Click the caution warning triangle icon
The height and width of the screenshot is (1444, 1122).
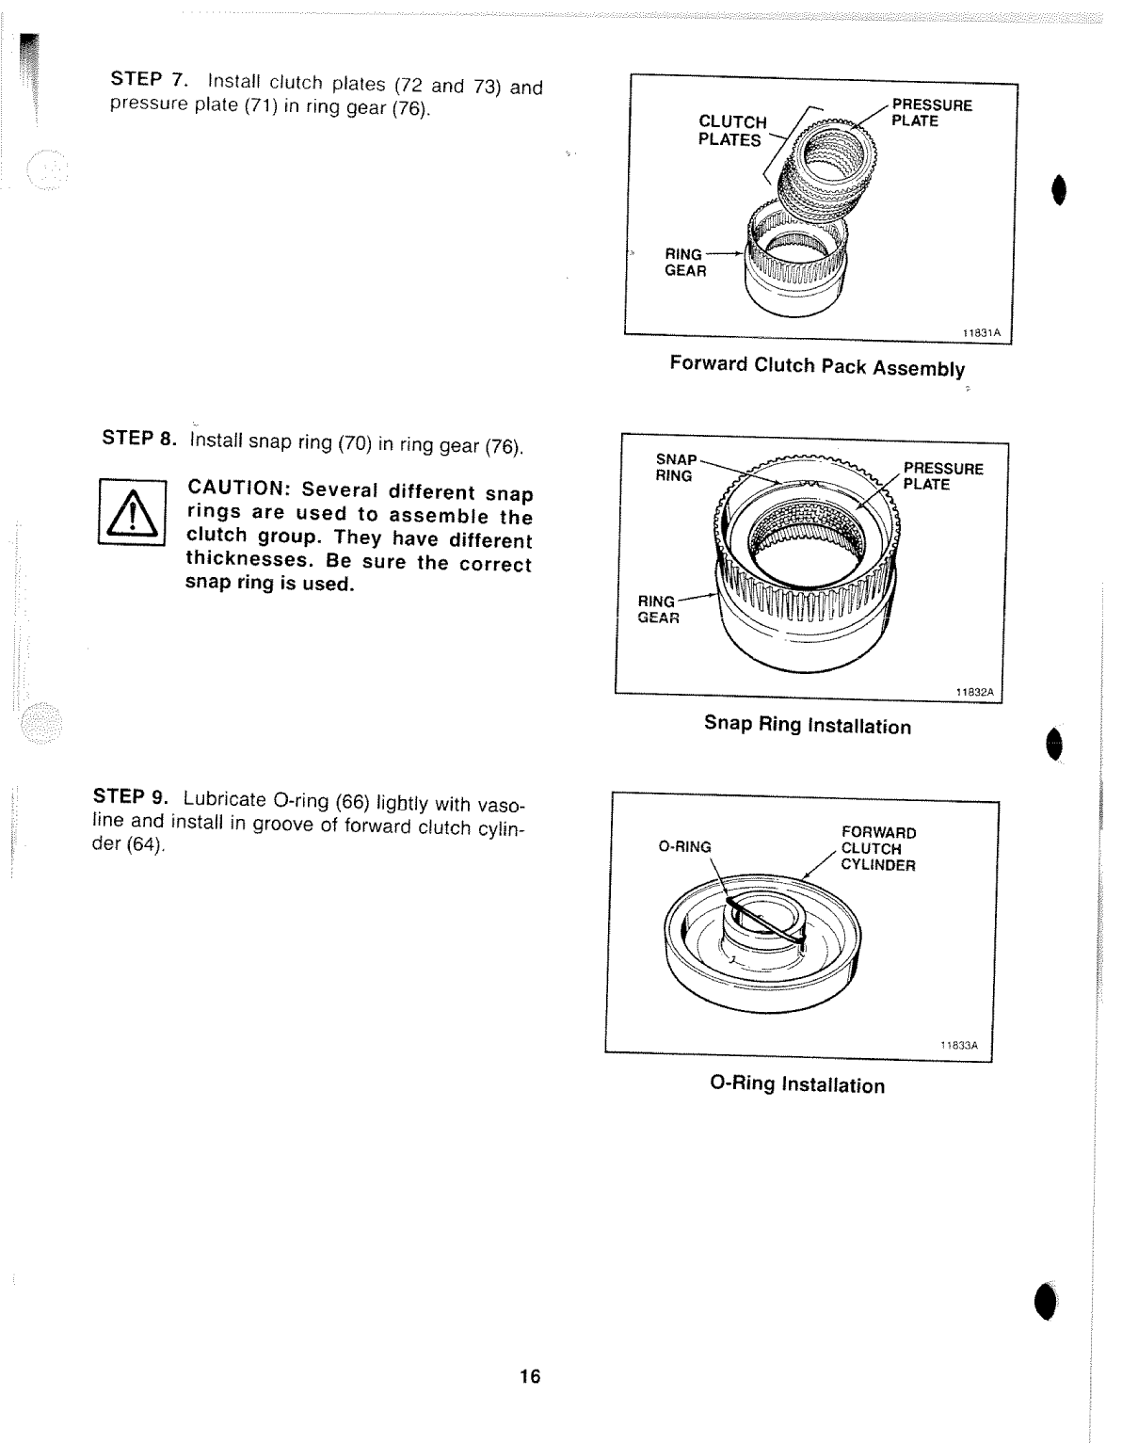pyautogui.click(x=133, y=513)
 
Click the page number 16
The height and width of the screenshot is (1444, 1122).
pyautogui.click(x=530, y=1376)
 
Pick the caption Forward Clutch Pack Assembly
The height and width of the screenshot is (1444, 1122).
pyautogui.click(x=817, y=366)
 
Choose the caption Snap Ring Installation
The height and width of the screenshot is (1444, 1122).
pyautogui.click(x=808, y=725)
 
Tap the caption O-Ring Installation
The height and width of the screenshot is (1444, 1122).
pyautogui.click(x=797, y=1084)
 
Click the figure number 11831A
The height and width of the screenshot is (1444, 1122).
pyautogui.click(x=981, y=332)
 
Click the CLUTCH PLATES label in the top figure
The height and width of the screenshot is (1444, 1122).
pyautogui.click(x=731, y=131)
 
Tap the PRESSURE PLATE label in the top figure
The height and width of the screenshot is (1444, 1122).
pyautogui.click(x=930, y=113)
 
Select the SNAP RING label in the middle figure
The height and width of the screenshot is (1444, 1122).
pyautogui.click(x=676, y=468)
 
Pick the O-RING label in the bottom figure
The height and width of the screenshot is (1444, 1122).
pyautogui.click(x=684, y=846)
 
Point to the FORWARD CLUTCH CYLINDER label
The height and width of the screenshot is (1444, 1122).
pyautogui.click(x=877, y=848)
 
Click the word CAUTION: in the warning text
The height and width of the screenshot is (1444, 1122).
pyautogui.click(x=239, y=489)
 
